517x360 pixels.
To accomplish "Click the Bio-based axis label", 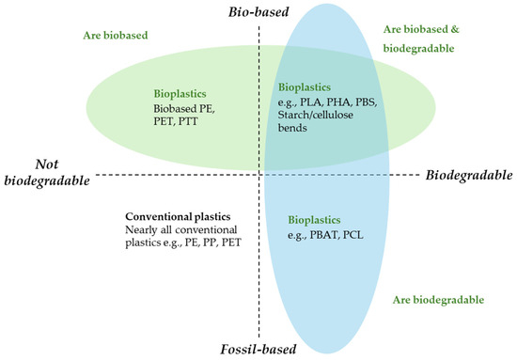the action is [258, 12].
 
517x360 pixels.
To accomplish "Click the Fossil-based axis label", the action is [258, 349].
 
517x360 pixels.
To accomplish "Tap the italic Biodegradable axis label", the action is [469, 175].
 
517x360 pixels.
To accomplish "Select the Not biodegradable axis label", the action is [47, 172].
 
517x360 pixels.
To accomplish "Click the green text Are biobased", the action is [116, 36].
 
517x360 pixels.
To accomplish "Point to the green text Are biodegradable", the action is [438, 300].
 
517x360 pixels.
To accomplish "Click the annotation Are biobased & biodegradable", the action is [421, 39].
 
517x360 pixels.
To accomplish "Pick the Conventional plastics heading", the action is [178, 216].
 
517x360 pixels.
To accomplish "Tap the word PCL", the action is [352, 235].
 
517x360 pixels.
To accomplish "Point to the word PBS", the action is [366, 102].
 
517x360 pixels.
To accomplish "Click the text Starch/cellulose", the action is [316, 115].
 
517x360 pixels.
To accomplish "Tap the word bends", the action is [292, 128].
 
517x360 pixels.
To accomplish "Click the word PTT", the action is [188, 121].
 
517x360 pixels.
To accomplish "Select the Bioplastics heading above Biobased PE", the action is [180, 94].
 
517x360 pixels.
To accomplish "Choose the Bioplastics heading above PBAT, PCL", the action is [314, 220].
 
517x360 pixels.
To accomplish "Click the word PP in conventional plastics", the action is [210, 243].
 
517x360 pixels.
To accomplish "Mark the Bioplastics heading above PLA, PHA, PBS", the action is [305, 87].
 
